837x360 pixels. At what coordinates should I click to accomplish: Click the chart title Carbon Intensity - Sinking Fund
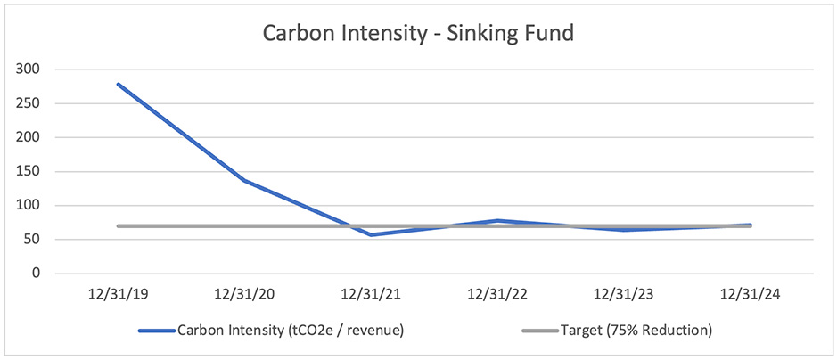click(418, 34)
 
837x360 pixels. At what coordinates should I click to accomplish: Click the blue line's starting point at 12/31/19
click(119, 85)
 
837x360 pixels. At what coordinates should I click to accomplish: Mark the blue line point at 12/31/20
click(244, 181)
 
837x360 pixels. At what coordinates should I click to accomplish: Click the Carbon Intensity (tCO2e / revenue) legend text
click(291, 331)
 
